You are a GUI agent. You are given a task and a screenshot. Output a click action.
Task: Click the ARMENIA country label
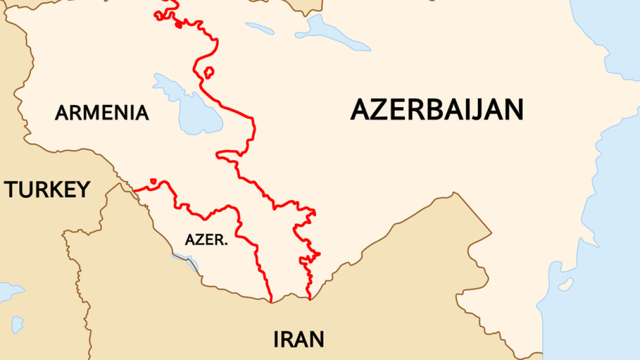tap(102, 113)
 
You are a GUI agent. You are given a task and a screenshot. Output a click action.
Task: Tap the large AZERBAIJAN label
tap(437, 110)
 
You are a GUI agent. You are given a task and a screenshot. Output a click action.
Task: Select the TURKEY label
tap(47, 189)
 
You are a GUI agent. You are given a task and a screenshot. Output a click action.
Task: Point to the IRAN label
tap(299, 339)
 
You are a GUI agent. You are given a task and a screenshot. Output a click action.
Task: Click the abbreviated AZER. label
tap(206, 240)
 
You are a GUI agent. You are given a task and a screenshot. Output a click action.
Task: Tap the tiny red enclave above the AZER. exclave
tap(154, 181)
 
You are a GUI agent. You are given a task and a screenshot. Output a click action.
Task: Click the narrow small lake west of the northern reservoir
tap(260, 28)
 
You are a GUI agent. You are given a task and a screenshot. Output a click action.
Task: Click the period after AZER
tap(227, 244)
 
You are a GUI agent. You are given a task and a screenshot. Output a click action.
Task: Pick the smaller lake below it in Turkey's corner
tap(17, 323)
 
